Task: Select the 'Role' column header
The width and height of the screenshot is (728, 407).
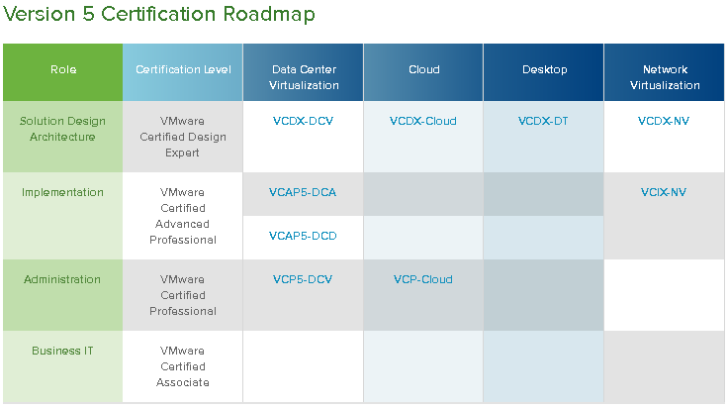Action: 62,70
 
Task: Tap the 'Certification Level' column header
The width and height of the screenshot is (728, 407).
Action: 183,70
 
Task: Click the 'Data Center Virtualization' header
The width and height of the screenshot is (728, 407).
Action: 304,77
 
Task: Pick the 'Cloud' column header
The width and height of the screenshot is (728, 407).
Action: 423,70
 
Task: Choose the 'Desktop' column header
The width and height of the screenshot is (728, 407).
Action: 544,70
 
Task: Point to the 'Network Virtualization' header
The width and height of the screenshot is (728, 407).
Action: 664,77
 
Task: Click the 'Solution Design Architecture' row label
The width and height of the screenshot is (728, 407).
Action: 62,129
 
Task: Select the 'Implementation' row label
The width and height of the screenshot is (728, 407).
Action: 62,192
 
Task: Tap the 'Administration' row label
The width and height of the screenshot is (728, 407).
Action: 62,279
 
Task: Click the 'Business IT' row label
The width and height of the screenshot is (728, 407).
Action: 62,351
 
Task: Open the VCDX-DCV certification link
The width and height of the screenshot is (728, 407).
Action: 303,121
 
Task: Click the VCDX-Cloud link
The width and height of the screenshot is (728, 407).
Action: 423,121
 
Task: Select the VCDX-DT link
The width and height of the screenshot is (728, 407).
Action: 544,121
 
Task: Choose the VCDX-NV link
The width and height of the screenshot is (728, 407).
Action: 664,121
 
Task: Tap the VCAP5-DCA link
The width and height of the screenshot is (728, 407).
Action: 303,192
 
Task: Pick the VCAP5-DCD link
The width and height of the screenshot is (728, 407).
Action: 303,236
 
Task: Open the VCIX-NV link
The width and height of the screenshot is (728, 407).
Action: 664,192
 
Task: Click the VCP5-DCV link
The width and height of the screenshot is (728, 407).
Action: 303,279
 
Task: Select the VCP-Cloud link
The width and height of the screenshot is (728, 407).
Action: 423,279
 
